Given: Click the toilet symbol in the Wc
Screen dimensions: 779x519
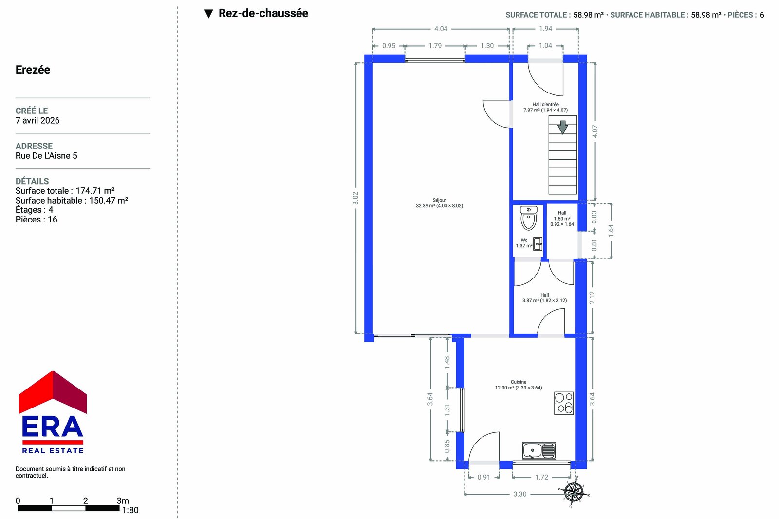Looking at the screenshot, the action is [529, 218].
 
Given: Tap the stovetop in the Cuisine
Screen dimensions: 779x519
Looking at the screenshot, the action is [564, 403].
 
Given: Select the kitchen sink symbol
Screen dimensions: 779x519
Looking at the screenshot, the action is [538, 451].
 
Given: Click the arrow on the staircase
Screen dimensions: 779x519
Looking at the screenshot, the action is [563, 127].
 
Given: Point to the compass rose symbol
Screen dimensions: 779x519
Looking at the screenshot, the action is [574, 492].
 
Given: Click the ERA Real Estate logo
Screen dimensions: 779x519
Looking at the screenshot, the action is [53, 412].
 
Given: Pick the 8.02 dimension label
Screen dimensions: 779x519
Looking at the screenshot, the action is [355, 198].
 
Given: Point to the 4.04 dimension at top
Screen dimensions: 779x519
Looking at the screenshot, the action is [441, 29].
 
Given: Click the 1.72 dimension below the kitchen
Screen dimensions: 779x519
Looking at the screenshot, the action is [541, 477].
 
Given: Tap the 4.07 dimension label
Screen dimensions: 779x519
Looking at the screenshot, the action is [594, 131].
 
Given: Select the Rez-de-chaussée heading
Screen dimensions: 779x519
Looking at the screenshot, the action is [263, 13].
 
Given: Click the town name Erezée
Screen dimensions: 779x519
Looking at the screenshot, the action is [33, 70].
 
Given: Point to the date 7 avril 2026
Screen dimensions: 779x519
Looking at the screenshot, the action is [37, 120].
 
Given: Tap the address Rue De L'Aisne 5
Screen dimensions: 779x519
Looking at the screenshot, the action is [46, 155].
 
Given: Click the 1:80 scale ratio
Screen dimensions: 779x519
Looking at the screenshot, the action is [130, 510].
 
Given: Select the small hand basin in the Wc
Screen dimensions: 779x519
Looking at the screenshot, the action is [538, 244].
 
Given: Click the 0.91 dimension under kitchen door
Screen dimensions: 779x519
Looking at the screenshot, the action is [484, 477].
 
